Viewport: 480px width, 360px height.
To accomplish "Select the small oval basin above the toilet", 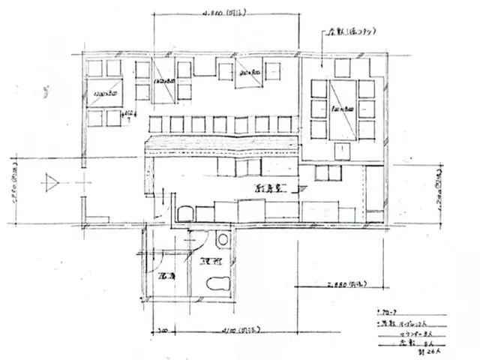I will (221, 240).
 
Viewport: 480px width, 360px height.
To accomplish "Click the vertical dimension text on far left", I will (13, 199).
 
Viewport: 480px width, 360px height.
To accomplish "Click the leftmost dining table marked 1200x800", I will (104, 94).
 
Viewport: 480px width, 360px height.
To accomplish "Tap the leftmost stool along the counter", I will (156, 124).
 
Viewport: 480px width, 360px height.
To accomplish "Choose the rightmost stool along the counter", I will (283, 124).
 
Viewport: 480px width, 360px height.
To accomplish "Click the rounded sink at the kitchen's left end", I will (184, 213).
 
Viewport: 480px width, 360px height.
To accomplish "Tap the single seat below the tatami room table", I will (341, 151).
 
